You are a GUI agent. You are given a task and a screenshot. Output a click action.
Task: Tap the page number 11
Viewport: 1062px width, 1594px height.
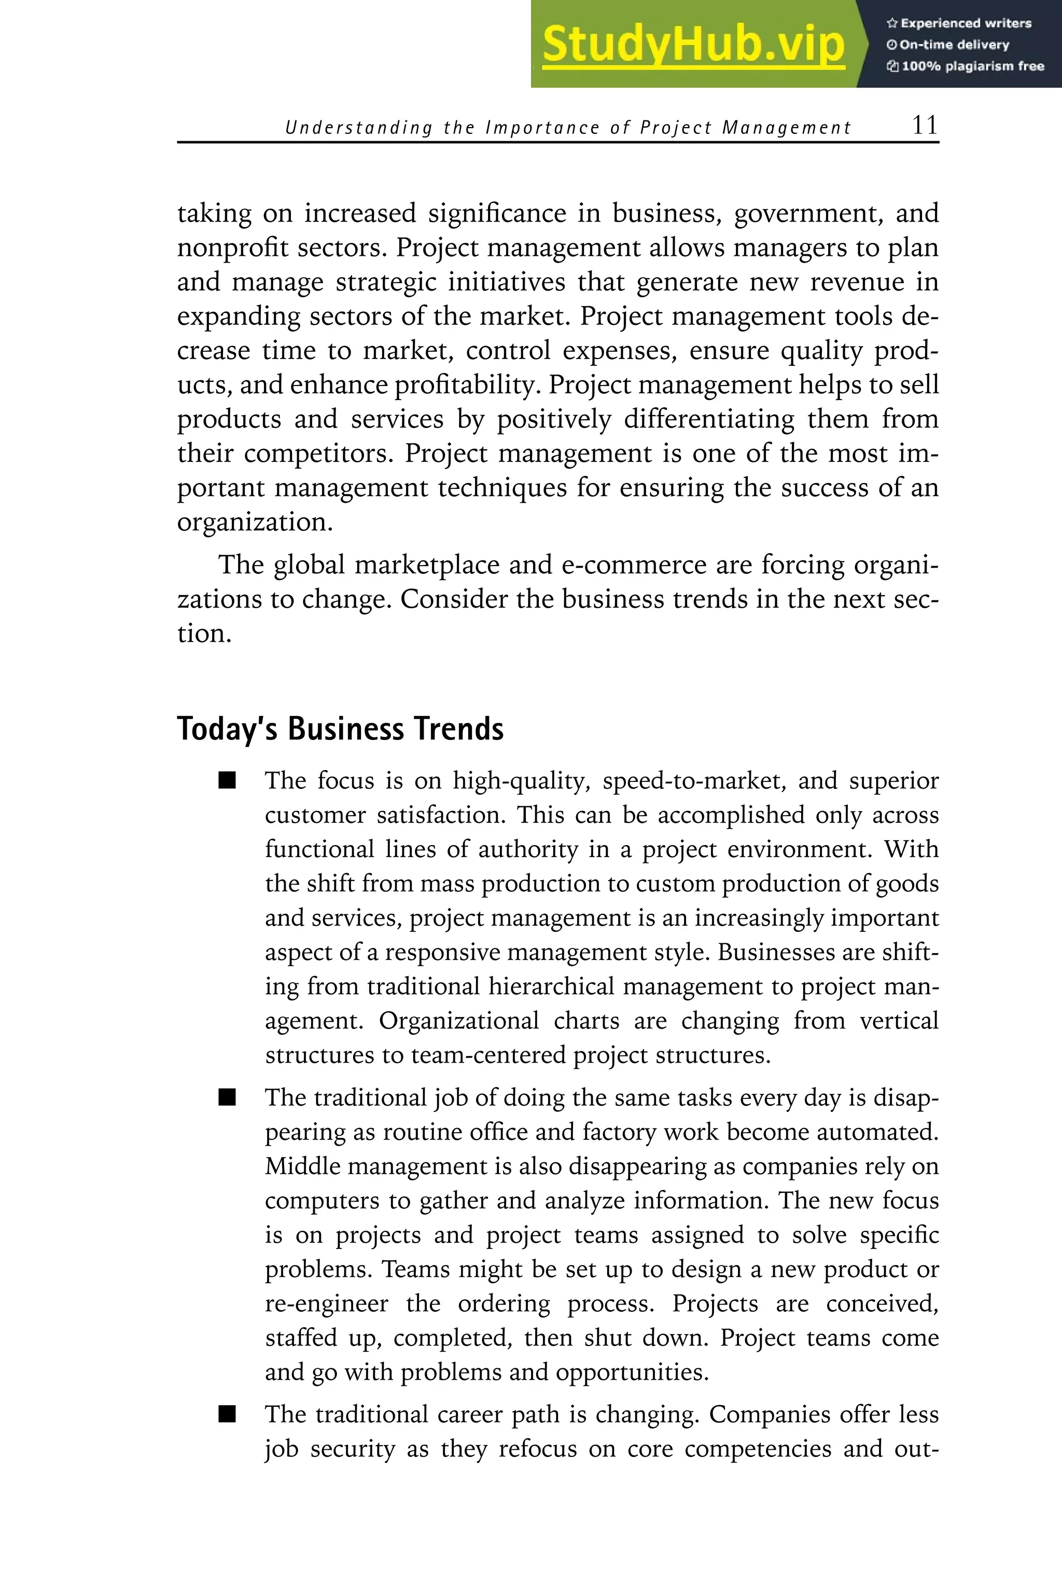click(x=925, y=126)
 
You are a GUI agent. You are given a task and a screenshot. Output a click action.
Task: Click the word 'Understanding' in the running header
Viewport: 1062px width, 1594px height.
click(x=358, y=128)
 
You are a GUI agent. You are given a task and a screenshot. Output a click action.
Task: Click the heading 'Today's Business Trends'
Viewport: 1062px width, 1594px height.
click(x=340, y=729)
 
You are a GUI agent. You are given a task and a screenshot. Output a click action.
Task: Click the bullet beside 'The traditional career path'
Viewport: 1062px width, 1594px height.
click(x=227, y=1414)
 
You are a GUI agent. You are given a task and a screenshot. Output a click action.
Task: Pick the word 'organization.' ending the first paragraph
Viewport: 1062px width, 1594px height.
click(x=255, y=523)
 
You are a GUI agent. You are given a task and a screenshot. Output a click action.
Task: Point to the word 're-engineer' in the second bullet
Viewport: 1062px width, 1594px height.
click(x=327, y=1303)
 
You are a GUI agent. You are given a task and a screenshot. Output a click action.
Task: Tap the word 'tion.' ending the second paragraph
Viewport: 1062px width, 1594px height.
click(x=204, y=634)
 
